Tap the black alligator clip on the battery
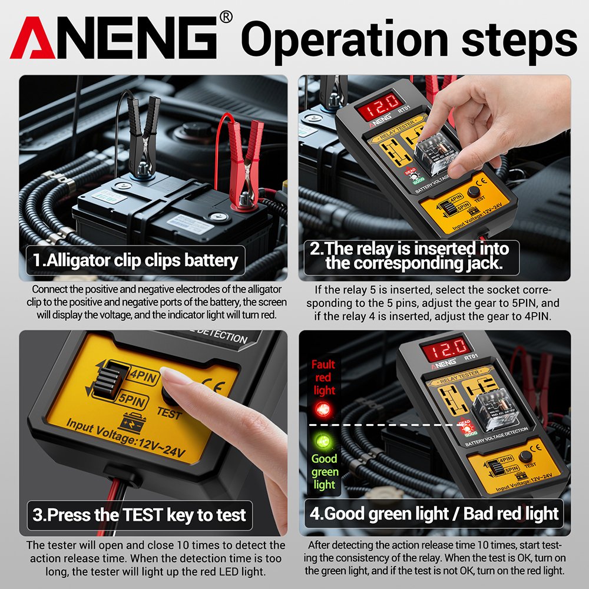143,135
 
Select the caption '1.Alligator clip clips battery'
135,260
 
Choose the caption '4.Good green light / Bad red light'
434,513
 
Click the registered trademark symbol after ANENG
226,17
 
